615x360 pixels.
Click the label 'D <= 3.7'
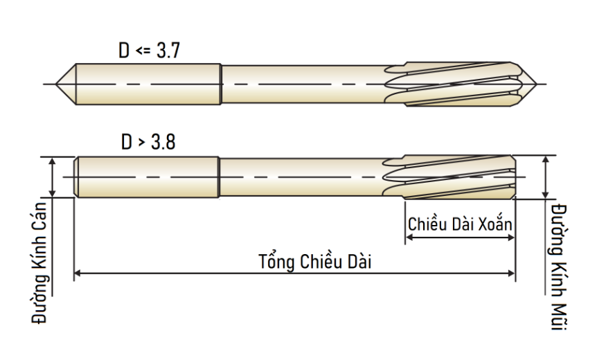[149, 51]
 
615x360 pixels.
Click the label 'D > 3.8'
[148, 141]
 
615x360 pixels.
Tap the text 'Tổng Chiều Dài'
[314, 262]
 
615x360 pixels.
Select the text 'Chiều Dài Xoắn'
[460, 224]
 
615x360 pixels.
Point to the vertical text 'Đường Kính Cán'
[39, 263]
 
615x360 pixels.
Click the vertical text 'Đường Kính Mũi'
[559, 267]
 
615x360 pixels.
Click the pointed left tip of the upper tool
[56, 84]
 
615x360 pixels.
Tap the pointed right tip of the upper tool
[536, 84]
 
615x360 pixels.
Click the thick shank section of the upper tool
[148, 84]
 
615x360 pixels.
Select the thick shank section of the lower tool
[147, 177]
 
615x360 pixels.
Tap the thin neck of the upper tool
[303, 84]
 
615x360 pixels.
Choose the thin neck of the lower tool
[301, 177]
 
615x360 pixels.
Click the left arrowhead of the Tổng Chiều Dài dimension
[78, 273]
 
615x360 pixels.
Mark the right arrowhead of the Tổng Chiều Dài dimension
[511, 273]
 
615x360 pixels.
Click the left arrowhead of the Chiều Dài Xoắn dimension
[409, 237]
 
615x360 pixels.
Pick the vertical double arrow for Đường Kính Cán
[52, 177]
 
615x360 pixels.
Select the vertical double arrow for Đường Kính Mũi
[545, 177]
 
